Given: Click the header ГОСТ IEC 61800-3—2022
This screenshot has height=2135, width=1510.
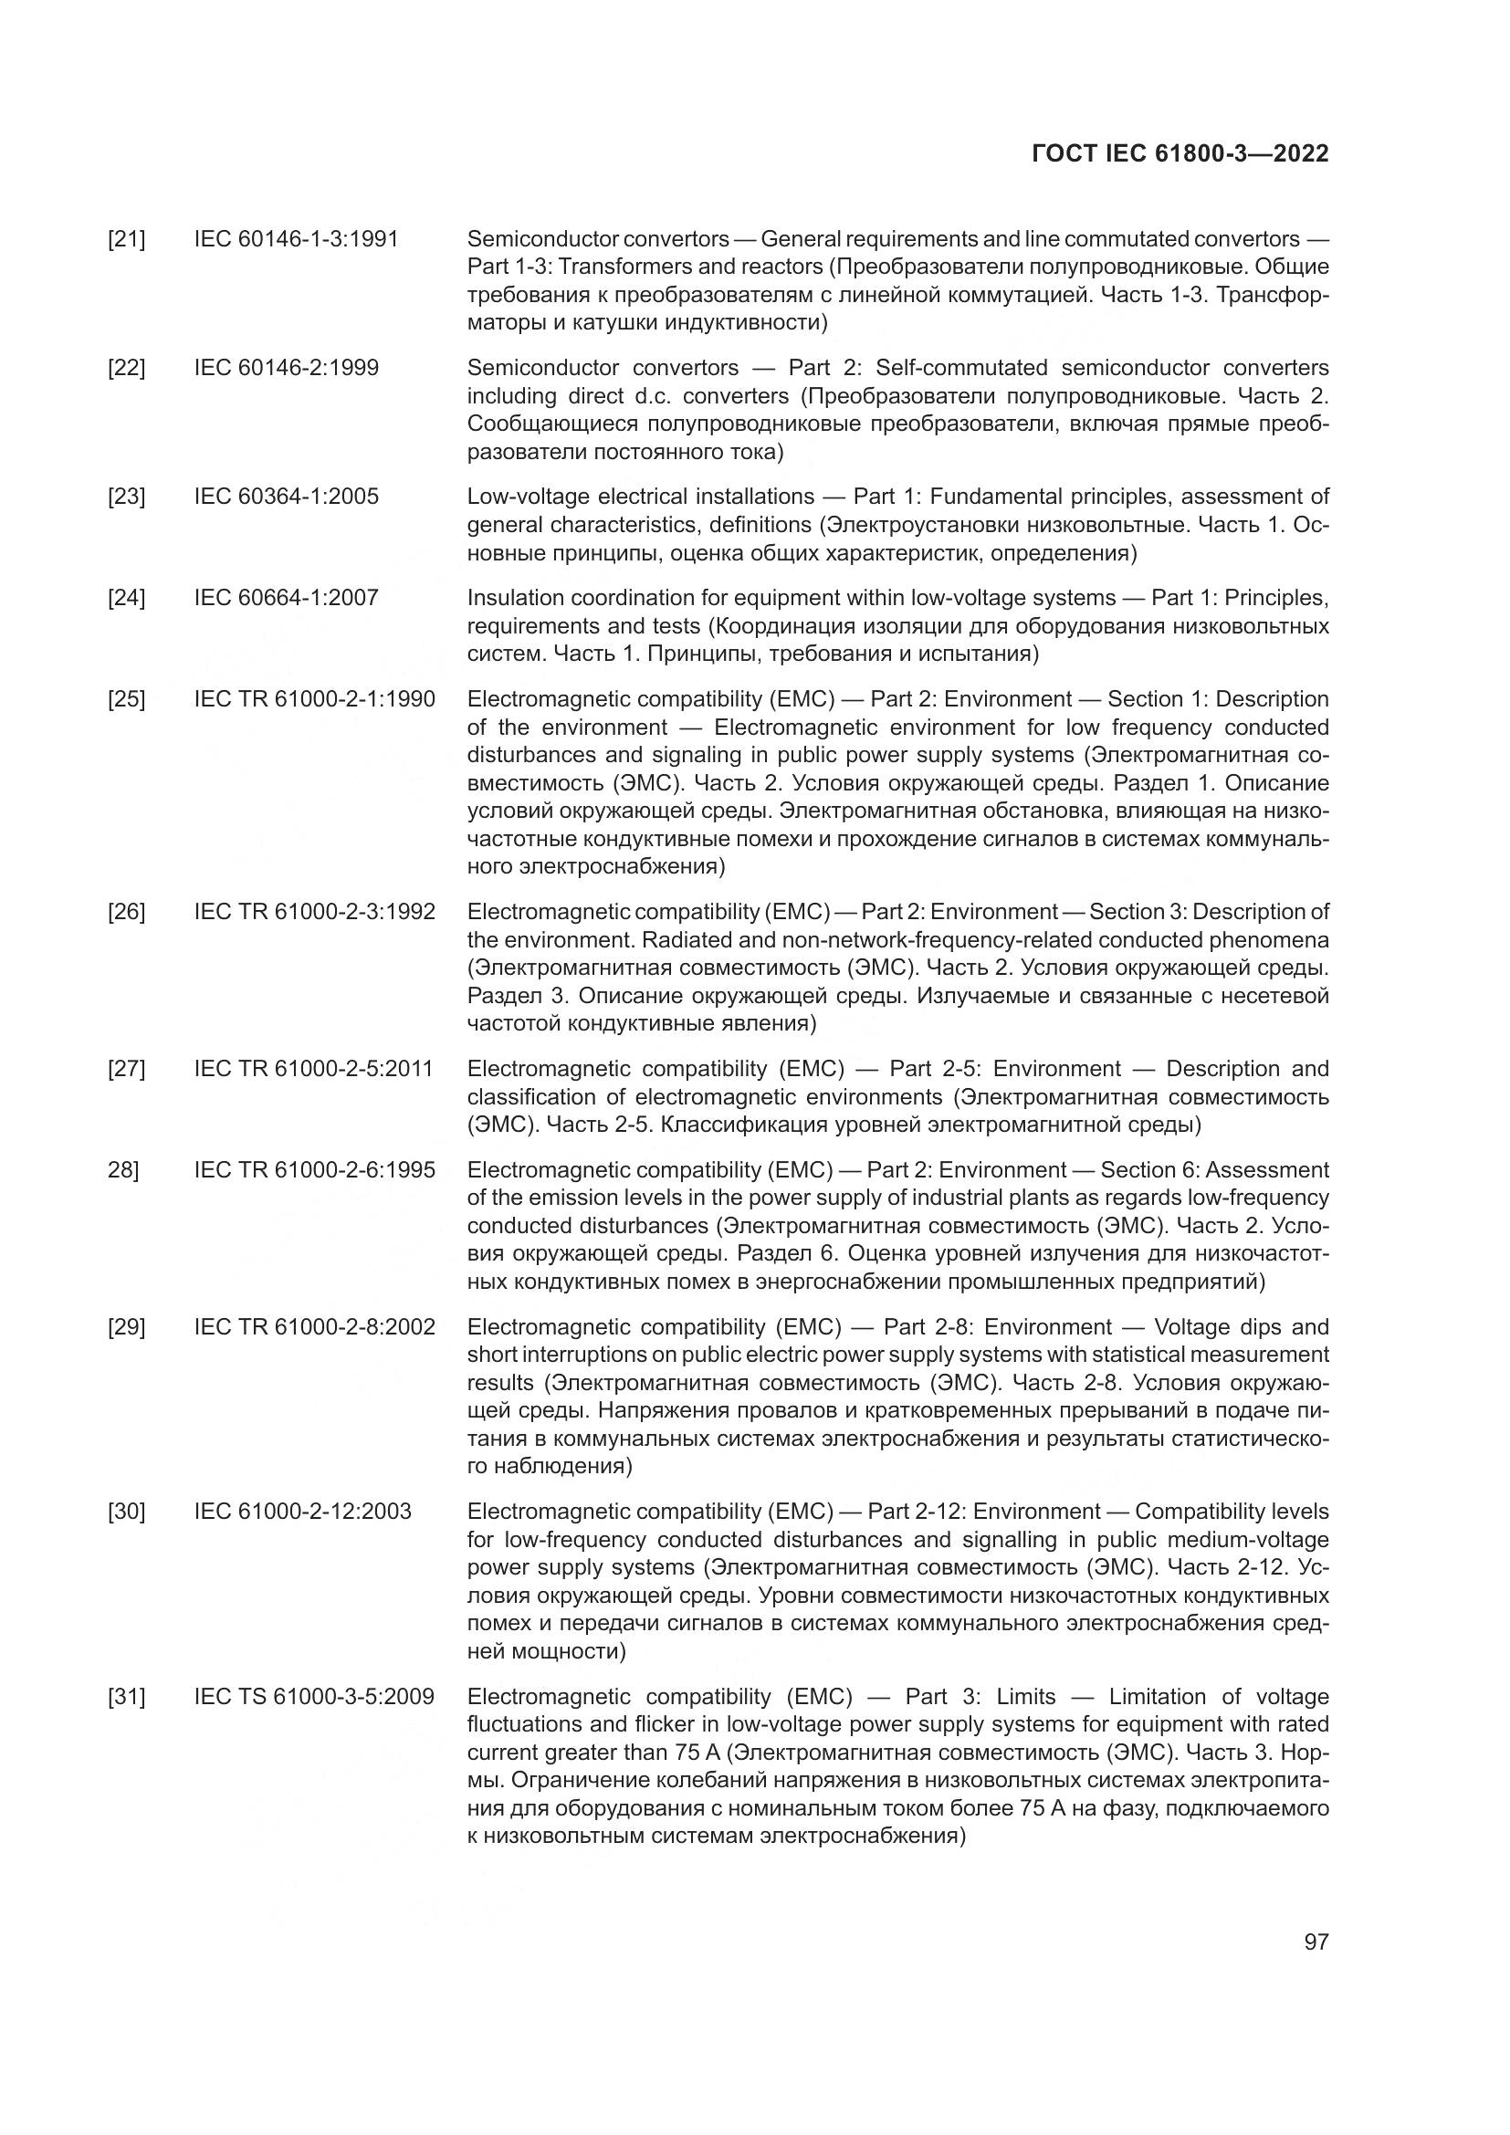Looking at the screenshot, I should tap(1180, 153).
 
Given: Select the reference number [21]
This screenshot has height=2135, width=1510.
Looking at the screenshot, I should tap(127, 239).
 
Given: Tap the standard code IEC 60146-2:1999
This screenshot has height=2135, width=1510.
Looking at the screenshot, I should tap(287, 367).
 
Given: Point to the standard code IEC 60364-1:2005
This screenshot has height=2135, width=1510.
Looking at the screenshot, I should tap(287, 497).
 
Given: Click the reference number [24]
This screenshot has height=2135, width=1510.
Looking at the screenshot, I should tap(127, 597).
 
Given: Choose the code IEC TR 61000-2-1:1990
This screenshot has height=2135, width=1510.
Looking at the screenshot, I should tap(314, 698).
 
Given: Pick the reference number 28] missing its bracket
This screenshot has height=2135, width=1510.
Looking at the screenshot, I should tap(122, 1170).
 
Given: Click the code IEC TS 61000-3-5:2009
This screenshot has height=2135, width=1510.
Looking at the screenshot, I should tap(314, 1697).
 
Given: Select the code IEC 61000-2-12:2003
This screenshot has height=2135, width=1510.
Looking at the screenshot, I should tap(302, 1511).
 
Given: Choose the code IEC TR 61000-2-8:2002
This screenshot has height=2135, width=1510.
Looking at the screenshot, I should tap(314, 1327).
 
